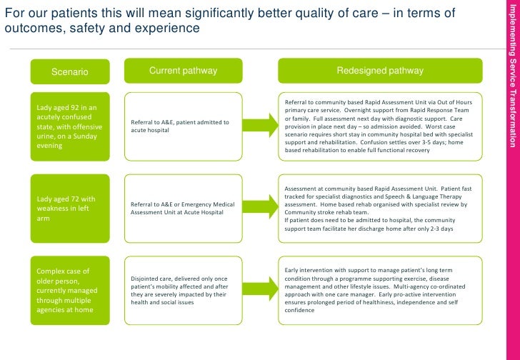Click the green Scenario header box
pyautogui.click(x=69, y=71)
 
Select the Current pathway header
pyautogui.click(x=183, y=71)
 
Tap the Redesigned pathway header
pyautogui.click(x=380, y=71)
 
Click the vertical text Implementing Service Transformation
pyautogui.click(x=511, y=71)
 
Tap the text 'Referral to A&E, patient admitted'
pyautogui.click(x=179, y=122)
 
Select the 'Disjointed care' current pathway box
pyautogui.click(x=183, y=290)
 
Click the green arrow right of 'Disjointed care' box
pyautogui.click(x=258, y=290)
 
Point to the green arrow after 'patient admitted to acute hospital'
pyautogui.click(x=258, y=126)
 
